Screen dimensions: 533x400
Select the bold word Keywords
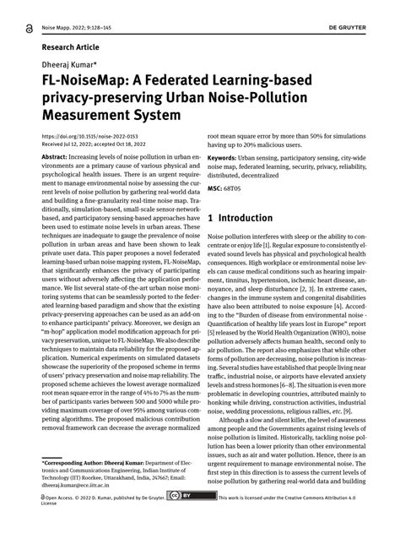click(225, 157)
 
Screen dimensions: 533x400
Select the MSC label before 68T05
click(215, 186)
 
